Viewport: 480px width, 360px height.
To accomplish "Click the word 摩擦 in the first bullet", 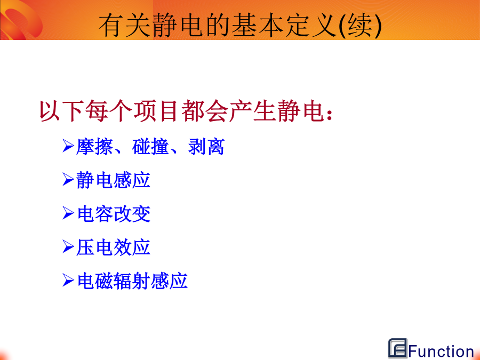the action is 94,147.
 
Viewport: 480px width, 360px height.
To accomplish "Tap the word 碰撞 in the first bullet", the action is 150,147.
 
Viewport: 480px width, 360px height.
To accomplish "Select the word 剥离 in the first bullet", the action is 206,147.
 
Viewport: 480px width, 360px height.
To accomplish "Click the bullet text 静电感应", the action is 113,180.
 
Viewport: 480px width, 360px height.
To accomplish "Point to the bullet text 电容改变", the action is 114,214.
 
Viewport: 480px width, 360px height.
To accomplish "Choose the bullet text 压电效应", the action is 113,247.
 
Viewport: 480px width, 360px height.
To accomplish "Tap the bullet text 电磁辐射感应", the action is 132,281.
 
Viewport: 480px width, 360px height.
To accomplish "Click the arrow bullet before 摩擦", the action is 68,146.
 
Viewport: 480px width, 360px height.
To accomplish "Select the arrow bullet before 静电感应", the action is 68,179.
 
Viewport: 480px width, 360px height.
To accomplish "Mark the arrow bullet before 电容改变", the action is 68,213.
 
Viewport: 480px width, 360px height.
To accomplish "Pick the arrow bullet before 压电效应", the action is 68,246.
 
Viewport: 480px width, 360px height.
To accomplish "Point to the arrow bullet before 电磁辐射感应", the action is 68,280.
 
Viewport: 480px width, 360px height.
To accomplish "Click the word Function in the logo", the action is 441,351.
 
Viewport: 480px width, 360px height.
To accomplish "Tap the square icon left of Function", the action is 398,348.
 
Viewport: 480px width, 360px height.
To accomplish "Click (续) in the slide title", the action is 361,25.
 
